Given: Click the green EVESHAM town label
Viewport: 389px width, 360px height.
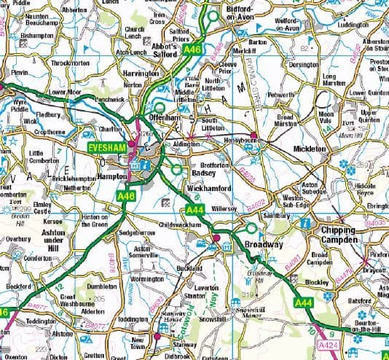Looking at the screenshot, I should click(106, 147).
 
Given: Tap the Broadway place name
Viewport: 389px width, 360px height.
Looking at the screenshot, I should click(264, 244).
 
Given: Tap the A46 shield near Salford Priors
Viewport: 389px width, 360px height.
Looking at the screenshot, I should click(192, 49).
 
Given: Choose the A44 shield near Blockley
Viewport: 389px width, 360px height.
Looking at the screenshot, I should click(304, 301).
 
